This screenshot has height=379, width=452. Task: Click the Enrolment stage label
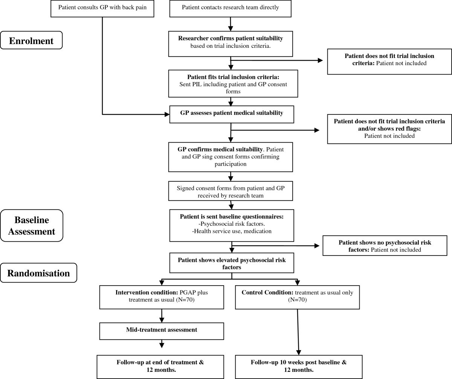31,40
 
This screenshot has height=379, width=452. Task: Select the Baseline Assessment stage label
32,225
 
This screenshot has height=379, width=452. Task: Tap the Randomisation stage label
38,273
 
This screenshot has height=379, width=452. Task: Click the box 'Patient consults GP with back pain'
103,8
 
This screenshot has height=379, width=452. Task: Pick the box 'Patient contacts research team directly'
230,8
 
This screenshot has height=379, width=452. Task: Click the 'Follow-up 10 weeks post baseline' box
299,367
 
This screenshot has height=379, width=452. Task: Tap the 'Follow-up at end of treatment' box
160,367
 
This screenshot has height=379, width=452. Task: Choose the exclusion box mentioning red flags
389,129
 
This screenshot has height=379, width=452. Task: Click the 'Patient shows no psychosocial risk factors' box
385,246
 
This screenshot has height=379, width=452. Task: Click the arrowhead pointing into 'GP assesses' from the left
167,114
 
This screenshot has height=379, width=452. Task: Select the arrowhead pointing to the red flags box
316,130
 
